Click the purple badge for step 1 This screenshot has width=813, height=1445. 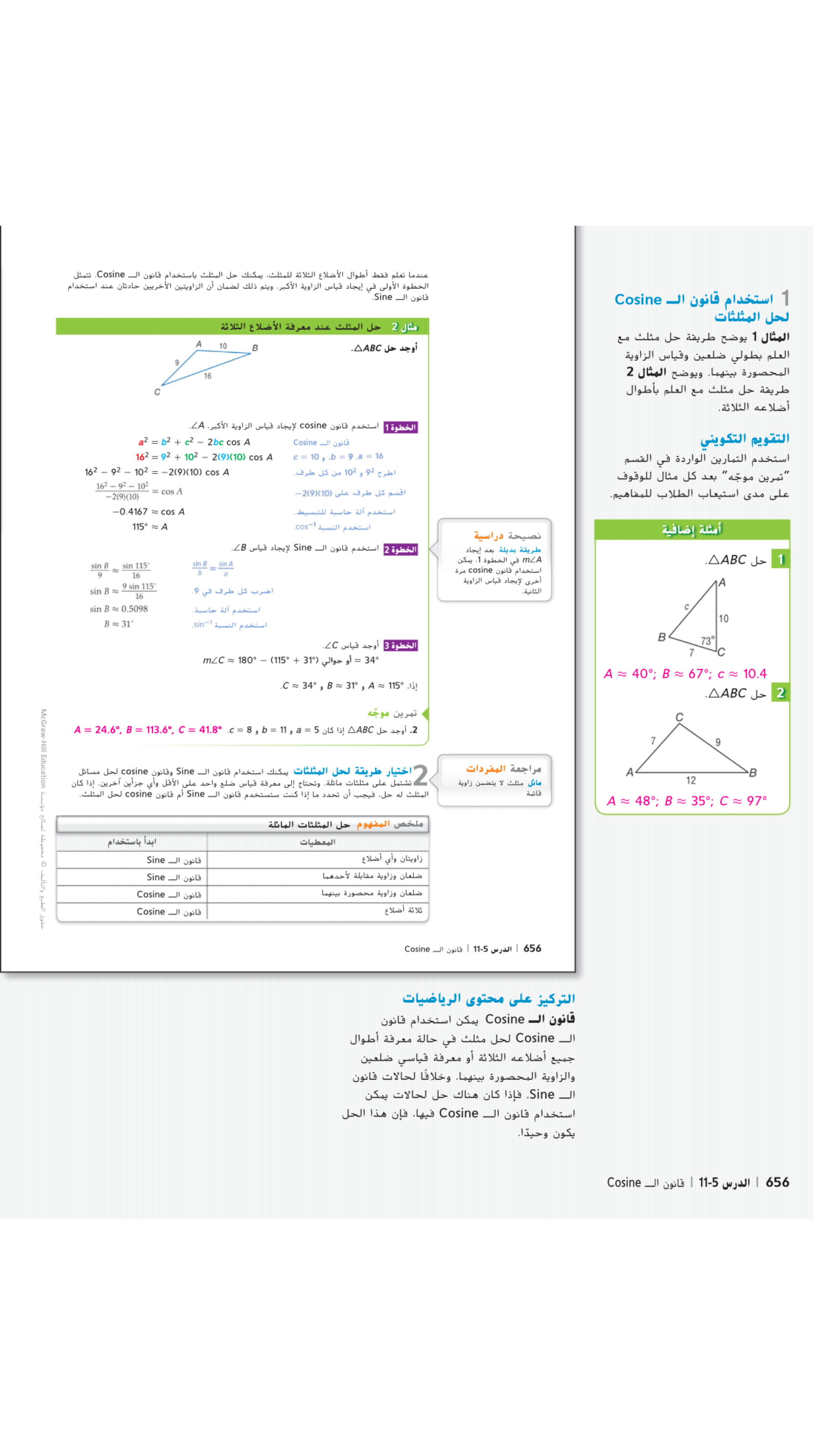(x=401, y=428)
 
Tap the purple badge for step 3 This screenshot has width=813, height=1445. (x=401, y=646)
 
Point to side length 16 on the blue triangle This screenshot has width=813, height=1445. (x=208, y=376)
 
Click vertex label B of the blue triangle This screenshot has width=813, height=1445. (x=255, y=348)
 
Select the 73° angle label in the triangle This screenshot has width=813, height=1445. (x=707, y=640)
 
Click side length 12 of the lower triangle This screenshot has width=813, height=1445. (x=691, y=780)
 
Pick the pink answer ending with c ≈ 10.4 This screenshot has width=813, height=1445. (x=685, y=674)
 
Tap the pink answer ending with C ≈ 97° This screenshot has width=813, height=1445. (x=687, y=801)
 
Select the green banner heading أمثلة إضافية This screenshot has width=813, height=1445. (x=691, y=529)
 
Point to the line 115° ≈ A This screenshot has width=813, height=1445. (x=150, y=527)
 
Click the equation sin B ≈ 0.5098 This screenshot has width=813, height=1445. (x=119, y=609)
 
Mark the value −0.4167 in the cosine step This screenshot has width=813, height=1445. (x=130, y=512)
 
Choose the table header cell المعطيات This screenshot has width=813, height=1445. (x=318, y=842)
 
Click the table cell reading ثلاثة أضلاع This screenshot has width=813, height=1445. (x=403, y=911)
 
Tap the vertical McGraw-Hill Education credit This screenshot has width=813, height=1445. (x=43, y=749)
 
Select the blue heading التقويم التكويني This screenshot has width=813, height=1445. (x=745, y=439)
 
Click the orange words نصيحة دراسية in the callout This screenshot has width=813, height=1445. (x=507, y=536)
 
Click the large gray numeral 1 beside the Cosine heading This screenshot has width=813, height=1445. (x=785, y=298)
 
